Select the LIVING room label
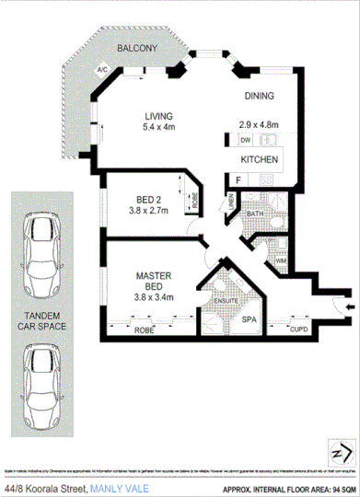[157, 116]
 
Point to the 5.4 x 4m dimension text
[157, 129]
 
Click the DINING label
[261, 96]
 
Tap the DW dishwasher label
[245, 141]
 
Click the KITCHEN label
[260, 159]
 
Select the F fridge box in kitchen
[238, 179]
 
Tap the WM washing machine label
[280, 261]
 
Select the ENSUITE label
[226, 299]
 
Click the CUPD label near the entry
[299, 329]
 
